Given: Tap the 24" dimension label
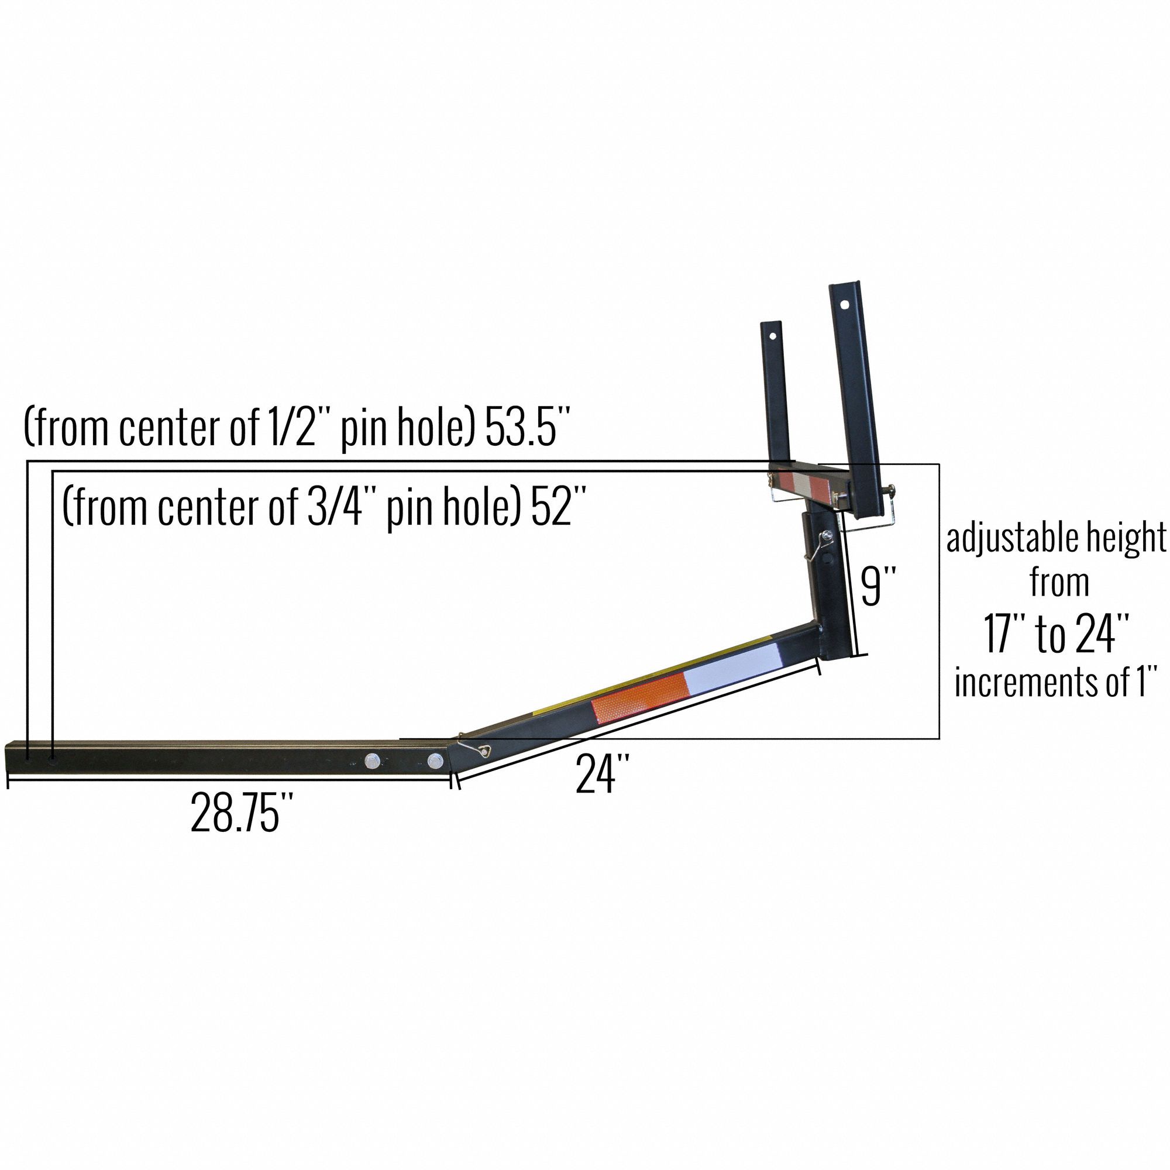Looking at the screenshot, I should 603,774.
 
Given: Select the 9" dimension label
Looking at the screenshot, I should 878,586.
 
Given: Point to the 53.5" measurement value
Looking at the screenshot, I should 528,428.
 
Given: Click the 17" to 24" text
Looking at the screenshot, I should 1057,634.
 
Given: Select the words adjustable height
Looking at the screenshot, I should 1056,538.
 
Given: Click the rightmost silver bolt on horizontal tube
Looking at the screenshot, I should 435,761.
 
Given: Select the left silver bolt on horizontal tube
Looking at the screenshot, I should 372,760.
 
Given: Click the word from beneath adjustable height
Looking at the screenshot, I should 1059,583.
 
